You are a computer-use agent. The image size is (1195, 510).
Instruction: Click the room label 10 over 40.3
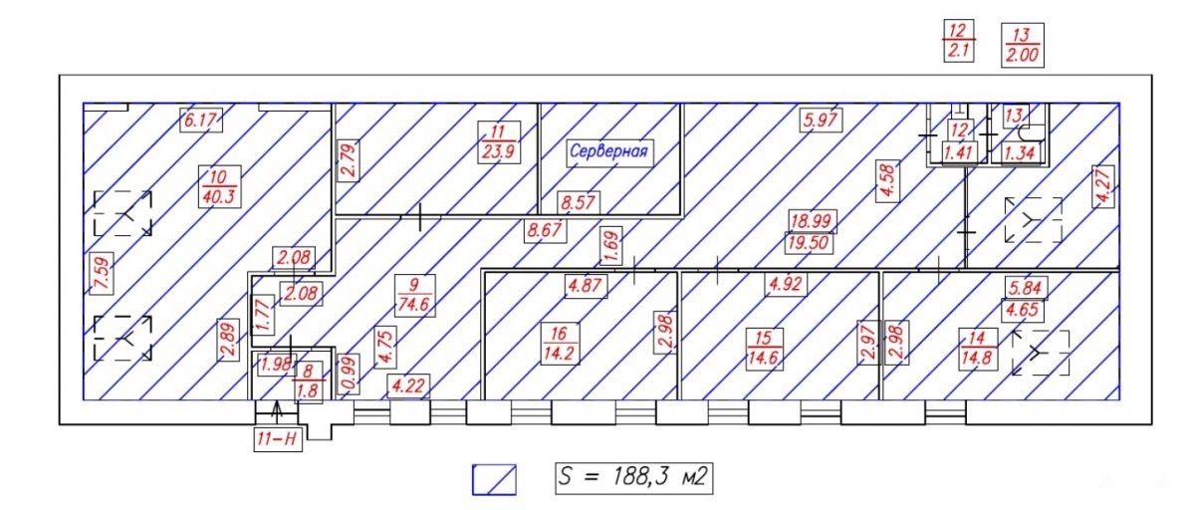point(219,186)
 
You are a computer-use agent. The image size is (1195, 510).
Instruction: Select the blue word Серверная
point(608,151)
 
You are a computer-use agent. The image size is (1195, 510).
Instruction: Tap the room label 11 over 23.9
point(498,142)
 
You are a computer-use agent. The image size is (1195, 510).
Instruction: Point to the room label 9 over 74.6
point(414,295)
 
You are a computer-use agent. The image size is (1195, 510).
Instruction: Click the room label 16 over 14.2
point(559,344)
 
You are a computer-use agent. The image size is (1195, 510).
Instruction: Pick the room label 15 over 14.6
point(764,349)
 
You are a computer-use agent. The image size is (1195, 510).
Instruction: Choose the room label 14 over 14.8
point(978,349)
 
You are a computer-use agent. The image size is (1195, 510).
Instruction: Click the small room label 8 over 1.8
point(308,381)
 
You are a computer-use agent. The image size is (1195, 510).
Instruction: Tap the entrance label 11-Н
point(278,439)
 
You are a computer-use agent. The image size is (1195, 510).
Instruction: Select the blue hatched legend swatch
point(494,479)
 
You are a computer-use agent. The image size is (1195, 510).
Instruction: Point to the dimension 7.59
point(102,273)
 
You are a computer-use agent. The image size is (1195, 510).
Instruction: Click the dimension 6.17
point(200,121)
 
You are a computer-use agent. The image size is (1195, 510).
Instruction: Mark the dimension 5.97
point(821,120)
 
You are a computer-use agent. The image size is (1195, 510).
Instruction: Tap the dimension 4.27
point(1102,186)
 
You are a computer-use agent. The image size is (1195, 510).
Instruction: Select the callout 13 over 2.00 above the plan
point(1022,46)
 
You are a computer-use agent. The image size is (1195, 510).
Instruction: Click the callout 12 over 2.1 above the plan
point(959,41)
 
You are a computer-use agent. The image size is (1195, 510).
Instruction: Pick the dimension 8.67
point(545,230)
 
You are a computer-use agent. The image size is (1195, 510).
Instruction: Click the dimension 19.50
point(810,243)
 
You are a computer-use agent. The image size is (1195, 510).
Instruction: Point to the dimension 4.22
point(408,385)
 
